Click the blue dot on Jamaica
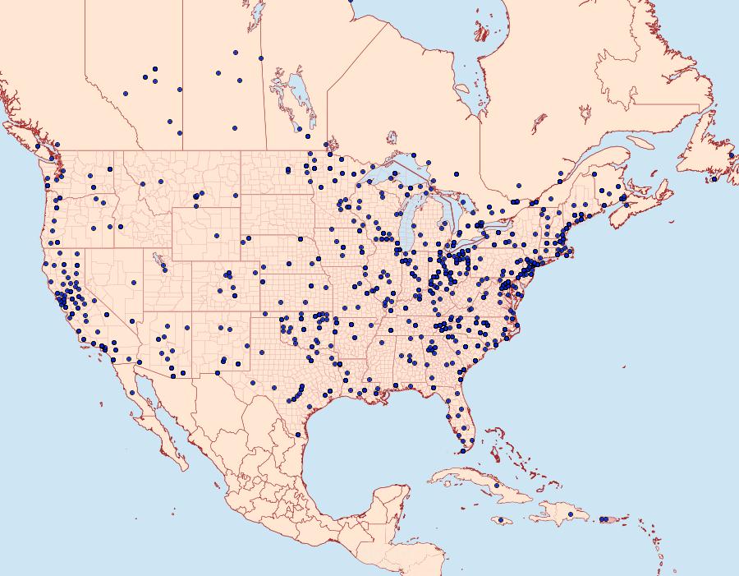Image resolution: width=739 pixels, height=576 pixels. (x=501, y=520)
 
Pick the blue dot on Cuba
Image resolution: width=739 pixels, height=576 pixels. (x=496, y=486)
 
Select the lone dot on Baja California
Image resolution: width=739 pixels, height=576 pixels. (x=131, y=392)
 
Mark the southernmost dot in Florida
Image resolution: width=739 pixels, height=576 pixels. (x=462, y=450)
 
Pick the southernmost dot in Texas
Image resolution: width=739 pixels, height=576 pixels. (x=297, y=434)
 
